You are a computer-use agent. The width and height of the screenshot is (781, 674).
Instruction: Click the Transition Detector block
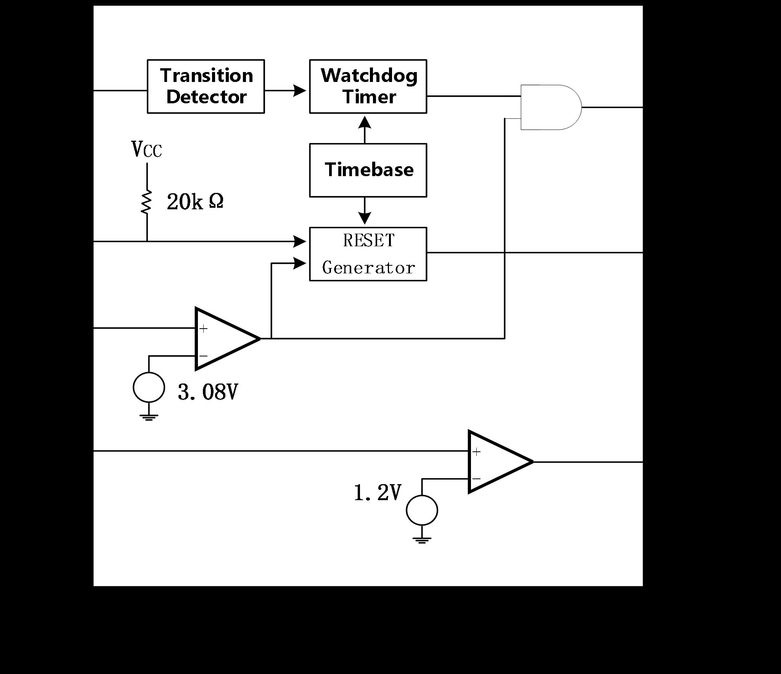[x=206, y=87]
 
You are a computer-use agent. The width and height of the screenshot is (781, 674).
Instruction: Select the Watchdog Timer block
[x=368, y=87]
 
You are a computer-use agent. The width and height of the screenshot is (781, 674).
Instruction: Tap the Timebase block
[x=368, y=170]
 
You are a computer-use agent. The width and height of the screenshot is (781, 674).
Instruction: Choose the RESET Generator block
[x=368, y=254]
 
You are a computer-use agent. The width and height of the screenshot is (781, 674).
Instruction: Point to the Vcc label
[x=147, y=149]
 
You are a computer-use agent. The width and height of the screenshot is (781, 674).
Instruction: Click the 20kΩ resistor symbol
[x=146, y=202]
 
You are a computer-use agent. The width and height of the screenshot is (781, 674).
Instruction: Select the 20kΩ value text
[x=195, y=202]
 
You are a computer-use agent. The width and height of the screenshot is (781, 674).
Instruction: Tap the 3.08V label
[x=208, y=392]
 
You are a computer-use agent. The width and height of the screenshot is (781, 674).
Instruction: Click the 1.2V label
[x=378, y=493]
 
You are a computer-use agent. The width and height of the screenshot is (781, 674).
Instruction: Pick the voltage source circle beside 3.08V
[x=149, y=387]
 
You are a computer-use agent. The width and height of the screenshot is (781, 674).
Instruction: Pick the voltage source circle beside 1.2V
[x=422, y=510]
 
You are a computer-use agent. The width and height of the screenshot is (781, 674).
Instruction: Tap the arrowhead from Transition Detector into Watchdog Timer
[x=300, y=91]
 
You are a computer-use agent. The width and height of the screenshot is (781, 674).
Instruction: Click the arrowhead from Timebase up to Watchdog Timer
[x=365, y=123]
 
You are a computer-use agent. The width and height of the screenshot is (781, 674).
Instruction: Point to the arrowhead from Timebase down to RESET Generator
[x=365, y=218]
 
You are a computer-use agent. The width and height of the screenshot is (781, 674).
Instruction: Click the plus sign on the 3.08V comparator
[x=204, y=329]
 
